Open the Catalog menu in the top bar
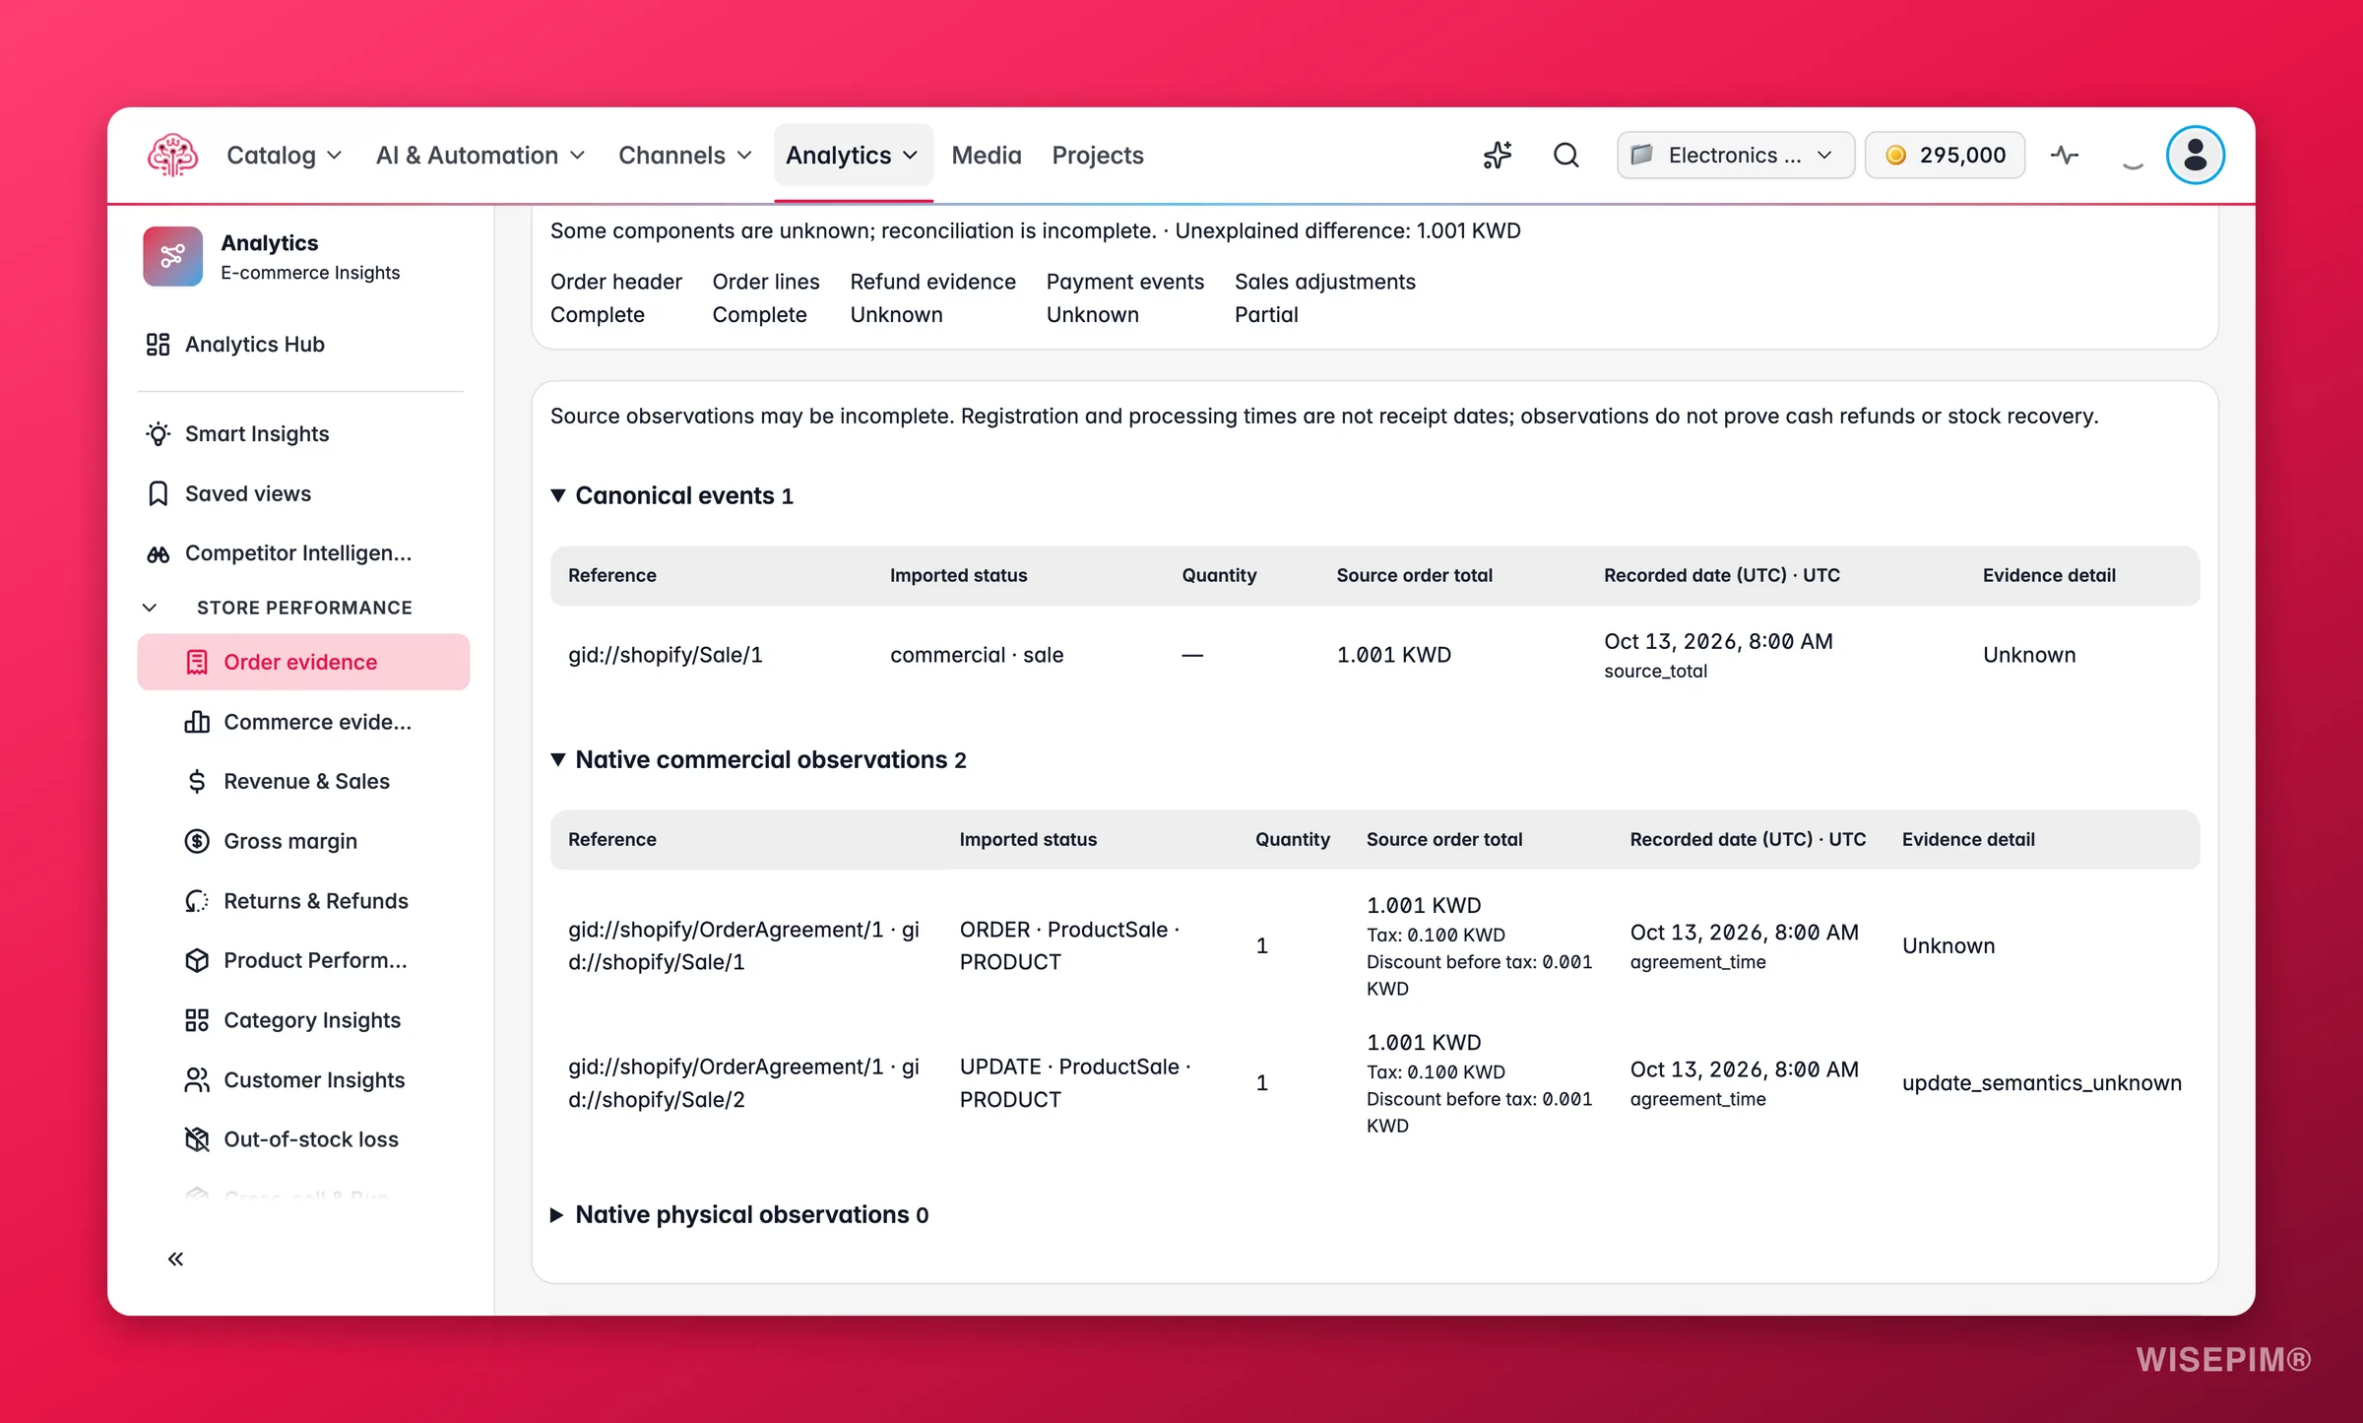pyautogui.click(x=284, y=156)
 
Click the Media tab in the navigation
pyautogui.click(x=986, y=156)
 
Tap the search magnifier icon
pyautogui.click(x=1565, y=156)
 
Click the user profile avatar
pyautogui.click(x=2195, y=156)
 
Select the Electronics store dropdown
pyautogui.click(x=1735, y=156)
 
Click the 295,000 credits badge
pyautogui.click(x=1945, y=156)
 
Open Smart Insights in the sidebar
pyautogui.click(x=256, y=434)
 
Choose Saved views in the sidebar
pyautogui.click(x=247, y=493)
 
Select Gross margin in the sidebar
pyautogui.click(x=289, y=841)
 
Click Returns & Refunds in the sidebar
pyautogui.click(x=315, y=901)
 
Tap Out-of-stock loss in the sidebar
pyautogui.click(x=310, y=1139)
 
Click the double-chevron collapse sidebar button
pyautogui.click(x=175, y=1259)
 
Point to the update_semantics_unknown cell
pyautogui.click(x=2041, y=1083)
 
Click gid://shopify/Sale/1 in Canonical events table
pyautogui.click(x=665, y=655)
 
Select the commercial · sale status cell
pyautogui.click(x=977, y=655)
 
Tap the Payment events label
pyautogui.click(x=1124, y=282)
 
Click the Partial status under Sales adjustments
pyautogui.click(x=1266, y=315)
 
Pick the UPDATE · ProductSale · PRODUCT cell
pyautogui.click(x=1075, y=1083)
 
